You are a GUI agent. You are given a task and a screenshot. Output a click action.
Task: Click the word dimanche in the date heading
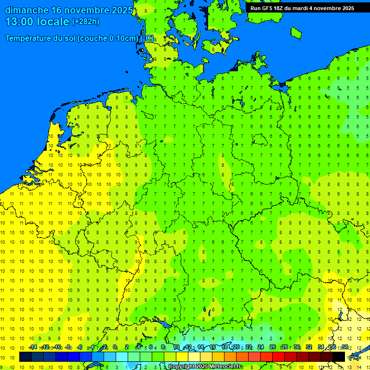coord(26,10)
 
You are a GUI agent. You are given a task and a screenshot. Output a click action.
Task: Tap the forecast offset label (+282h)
coord(86,22)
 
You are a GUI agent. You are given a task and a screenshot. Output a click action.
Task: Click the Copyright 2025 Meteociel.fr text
coord(205,367)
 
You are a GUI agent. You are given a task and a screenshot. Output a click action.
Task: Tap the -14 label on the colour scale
coord(33,347)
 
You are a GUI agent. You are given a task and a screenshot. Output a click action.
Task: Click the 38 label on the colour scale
coord(345,347)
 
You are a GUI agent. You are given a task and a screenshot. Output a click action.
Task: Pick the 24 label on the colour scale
coord(261,347)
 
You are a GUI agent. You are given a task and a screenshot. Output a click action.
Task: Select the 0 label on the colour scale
coord(115,347)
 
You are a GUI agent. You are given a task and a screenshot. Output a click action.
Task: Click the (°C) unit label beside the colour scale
coord(354,357)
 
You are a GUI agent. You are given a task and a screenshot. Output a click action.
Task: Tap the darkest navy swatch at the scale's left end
coord(26,357)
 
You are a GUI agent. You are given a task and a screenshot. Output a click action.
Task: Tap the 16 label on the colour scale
coord(212,347)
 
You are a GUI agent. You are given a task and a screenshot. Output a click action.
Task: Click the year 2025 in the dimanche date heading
coord(122,10)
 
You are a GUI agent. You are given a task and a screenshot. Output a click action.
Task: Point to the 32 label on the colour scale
coord(309,347)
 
